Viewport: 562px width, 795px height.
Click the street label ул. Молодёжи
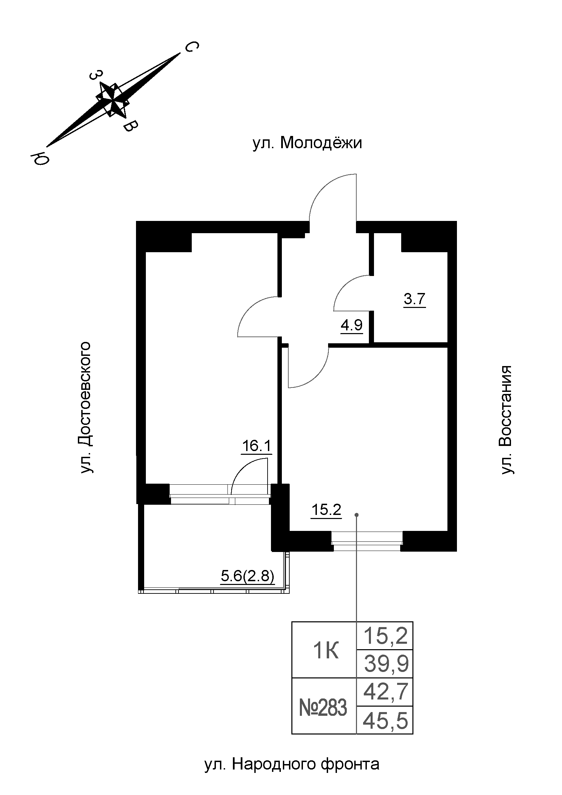[x=307, y=143]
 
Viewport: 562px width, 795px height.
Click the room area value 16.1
[x=257, y=446]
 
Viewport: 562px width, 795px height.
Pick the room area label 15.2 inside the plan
[x=326, y=510]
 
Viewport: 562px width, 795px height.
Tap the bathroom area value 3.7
[x=414, y=299]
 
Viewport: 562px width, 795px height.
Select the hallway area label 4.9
[x=352, y=326]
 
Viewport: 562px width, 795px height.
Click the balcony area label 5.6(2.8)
[x=248, y=576]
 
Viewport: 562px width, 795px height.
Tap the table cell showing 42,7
[x=385, y=691]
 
